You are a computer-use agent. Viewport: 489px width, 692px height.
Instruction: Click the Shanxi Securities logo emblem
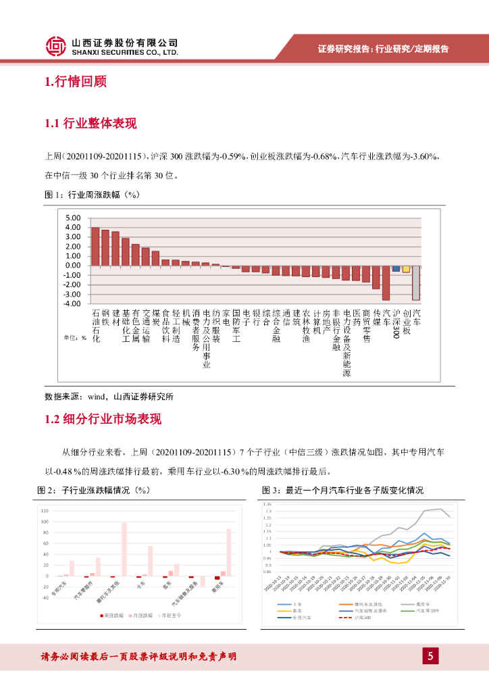click(57, 47)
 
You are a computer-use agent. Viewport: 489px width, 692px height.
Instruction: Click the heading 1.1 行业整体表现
click(90, 124)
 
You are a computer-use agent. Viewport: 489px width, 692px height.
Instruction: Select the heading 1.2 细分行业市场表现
click(103, 420)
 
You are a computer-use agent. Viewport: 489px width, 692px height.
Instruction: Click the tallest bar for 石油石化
click(95, 246)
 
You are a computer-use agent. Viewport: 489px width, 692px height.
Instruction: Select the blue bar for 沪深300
click(396, 268)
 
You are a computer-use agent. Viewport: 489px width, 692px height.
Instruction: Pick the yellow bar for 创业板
click(406, 269)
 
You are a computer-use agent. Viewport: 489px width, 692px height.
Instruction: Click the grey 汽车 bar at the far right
click(416, 282)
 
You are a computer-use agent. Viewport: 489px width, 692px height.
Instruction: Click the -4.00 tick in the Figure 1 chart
click(72, 303)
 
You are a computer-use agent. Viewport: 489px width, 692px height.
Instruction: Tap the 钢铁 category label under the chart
click(105, 318)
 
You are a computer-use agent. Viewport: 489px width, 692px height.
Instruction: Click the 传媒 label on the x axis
click(376, 318)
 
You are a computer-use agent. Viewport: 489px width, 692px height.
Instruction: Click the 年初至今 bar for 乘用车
click(229, 552)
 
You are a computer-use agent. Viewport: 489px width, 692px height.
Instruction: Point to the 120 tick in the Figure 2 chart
click(45, 510)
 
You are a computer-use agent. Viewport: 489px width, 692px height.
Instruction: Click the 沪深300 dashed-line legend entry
click(364, 617)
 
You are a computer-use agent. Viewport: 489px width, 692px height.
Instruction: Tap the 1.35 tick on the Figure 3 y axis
click(267, 504)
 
